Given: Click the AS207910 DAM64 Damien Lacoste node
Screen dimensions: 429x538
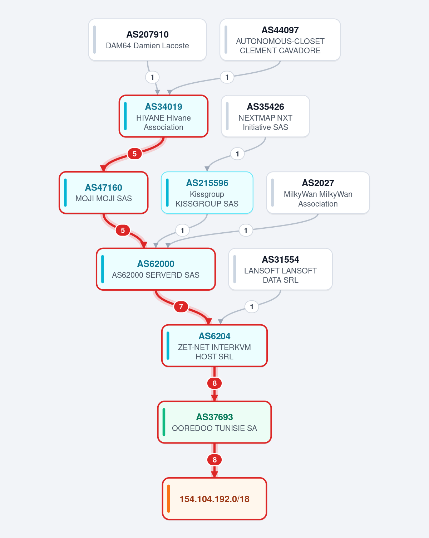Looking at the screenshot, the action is tap(147, 39).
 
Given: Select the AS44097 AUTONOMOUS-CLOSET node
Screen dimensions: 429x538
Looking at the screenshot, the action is tap(280, 39).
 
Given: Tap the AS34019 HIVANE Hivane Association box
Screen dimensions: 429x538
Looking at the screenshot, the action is tap(164, 116).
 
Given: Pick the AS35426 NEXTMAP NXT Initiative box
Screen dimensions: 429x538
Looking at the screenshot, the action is tap(265, 116).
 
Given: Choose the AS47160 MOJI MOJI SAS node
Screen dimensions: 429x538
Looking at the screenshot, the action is tap(104, 193).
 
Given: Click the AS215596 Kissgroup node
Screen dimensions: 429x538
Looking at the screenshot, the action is tap(207, 193).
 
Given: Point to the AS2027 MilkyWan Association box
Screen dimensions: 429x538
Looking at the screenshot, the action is tap(318, 193).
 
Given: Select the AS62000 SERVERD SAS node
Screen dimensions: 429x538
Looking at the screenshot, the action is tap(156, 269).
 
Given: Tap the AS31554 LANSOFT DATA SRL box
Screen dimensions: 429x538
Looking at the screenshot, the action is tap(280, 269).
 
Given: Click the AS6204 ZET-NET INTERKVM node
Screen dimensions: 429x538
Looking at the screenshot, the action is tap(214, 346).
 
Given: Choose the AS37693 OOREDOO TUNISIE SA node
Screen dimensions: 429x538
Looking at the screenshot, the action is tap(214, 422).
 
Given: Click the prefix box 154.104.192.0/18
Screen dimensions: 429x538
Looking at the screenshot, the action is tap(214, 499).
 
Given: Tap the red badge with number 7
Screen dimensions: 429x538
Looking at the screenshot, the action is tap(181, 306).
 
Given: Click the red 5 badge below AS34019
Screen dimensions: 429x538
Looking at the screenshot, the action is tap(134, 154).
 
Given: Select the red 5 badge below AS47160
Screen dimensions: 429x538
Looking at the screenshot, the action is tap(123, 230).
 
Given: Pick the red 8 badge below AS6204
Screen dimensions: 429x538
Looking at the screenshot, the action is tap(214, 383).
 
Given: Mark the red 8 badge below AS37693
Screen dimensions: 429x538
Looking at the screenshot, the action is tap(214, 460).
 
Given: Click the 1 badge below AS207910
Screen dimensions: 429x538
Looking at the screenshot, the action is tap(152, 77).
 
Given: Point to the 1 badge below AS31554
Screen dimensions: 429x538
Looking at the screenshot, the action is tap(252, 306).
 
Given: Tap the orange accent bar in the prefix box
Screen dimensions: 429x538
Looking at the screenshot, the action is tap(168, 499).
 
